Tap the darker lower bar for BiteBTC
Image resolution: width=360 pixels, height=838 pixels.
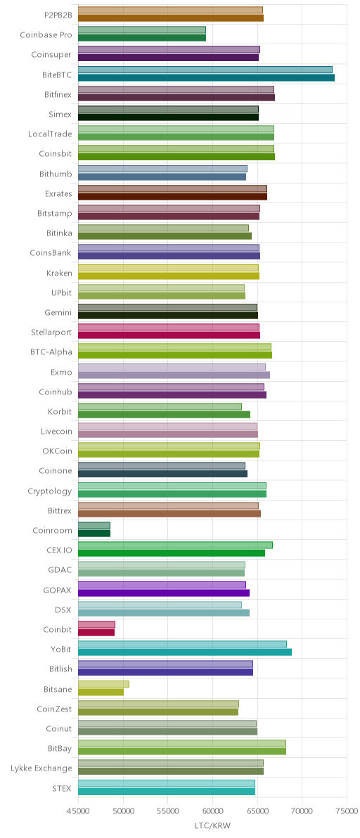pos(206,78)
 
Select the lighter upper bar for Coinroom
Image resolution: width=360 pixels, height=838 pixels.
pos(94,525)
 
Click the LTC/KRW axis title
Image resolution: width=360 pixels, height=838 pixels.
pos(212,826)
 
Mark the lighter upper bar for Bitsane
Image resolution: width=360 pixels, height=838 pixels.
pos(103,684)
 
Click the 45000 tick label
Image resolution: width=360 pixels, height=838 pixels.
pos(79,815)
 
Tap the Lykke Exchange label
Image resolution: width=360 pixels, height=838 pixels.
pos(41,768)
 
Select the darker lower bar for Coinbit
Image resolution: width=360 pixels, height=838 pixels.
pos(96,632)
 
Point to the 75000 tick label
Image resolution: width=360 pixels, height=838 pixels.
pos(347,815)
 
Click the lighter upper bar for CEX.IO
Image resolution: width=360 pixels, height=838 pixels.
pos(175,545)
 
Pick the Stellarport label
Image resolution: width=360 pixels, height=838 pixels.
pos(51,331)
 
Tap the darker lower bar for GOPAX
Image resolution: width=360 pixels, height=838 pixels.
pos(164,593)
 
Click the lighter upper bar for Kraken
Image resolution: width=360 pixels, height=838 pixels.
pos(168,268)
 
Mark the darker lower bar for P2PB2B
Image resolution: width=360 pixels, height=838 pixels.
pos(171,18)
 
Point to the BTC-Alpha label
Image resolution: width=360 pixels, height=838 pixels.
pos(51,351)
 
